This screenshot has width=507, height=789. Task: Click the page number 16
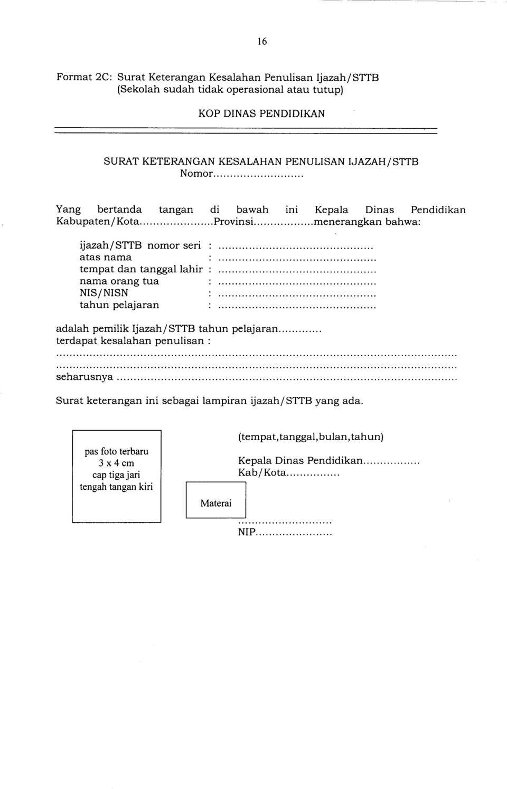click(x=262, y=42)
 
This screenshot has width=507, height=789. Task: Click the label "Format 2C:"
click(x=84, y=77)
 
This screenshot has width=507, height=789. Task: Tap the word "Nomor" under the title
click(x=196, y=173)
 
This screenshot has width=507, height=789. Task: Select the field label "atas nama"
click(x=106, y=258)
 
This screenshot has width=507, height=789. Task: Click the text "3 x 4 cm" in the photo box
click(x=116, y=463)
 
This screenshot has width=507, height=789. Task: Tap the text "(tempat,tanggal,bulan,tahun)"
click(x=311, y=437)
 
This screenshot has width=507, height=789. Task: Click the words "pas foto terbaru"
click(x=116, y=451)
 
